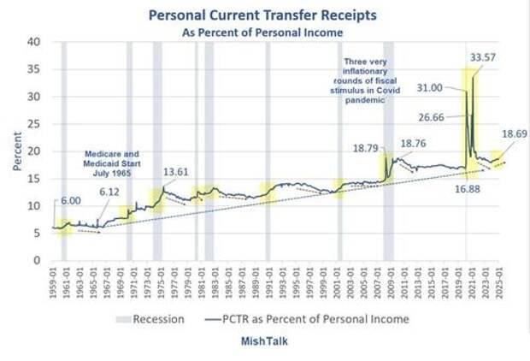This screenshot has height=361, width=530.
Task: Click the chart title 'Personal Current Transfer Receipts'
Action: (x=262, y=15)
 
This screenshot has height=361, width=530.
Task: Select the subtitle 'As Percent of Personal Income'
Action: (x=262, y=32)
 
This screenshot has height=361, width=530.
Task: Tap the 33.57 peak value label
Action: (x=484, y=57)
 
